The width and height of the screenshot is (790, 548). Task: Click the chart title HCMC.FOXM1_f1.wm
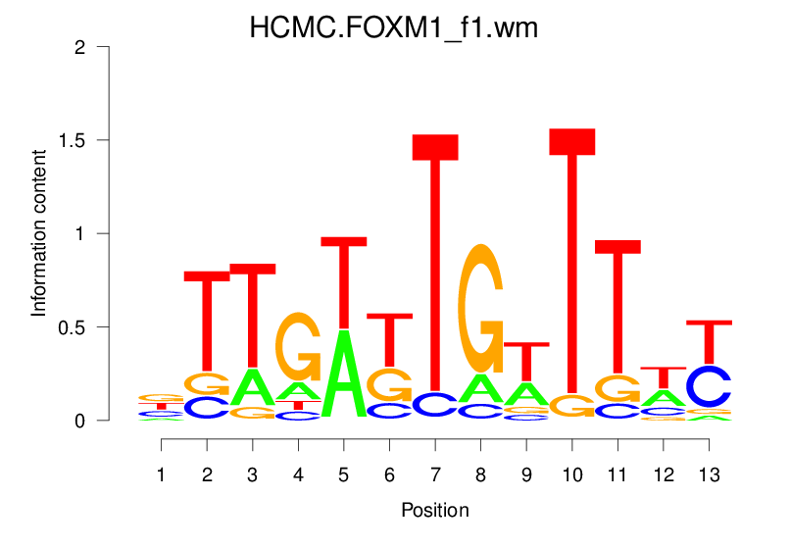(x=394, y=28)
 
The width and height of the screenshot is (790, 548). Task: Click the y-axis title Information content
(x=39, y=233)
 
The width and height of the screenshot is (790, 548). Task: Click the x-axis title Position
(x=435, y=511)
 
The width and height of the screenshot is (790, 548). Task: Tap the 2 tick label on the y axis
(x=80, y=47)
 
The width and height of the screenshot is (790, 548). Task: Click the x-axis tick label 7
(x=435, y=475)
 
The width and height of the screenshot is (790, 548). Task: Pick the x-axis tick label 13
(x=709, y=475)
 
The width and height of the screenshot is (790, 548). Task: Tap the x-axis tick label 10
(x=572, y=475)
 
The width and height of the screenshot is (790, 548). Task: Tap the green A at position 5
(x=344, y=373)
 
